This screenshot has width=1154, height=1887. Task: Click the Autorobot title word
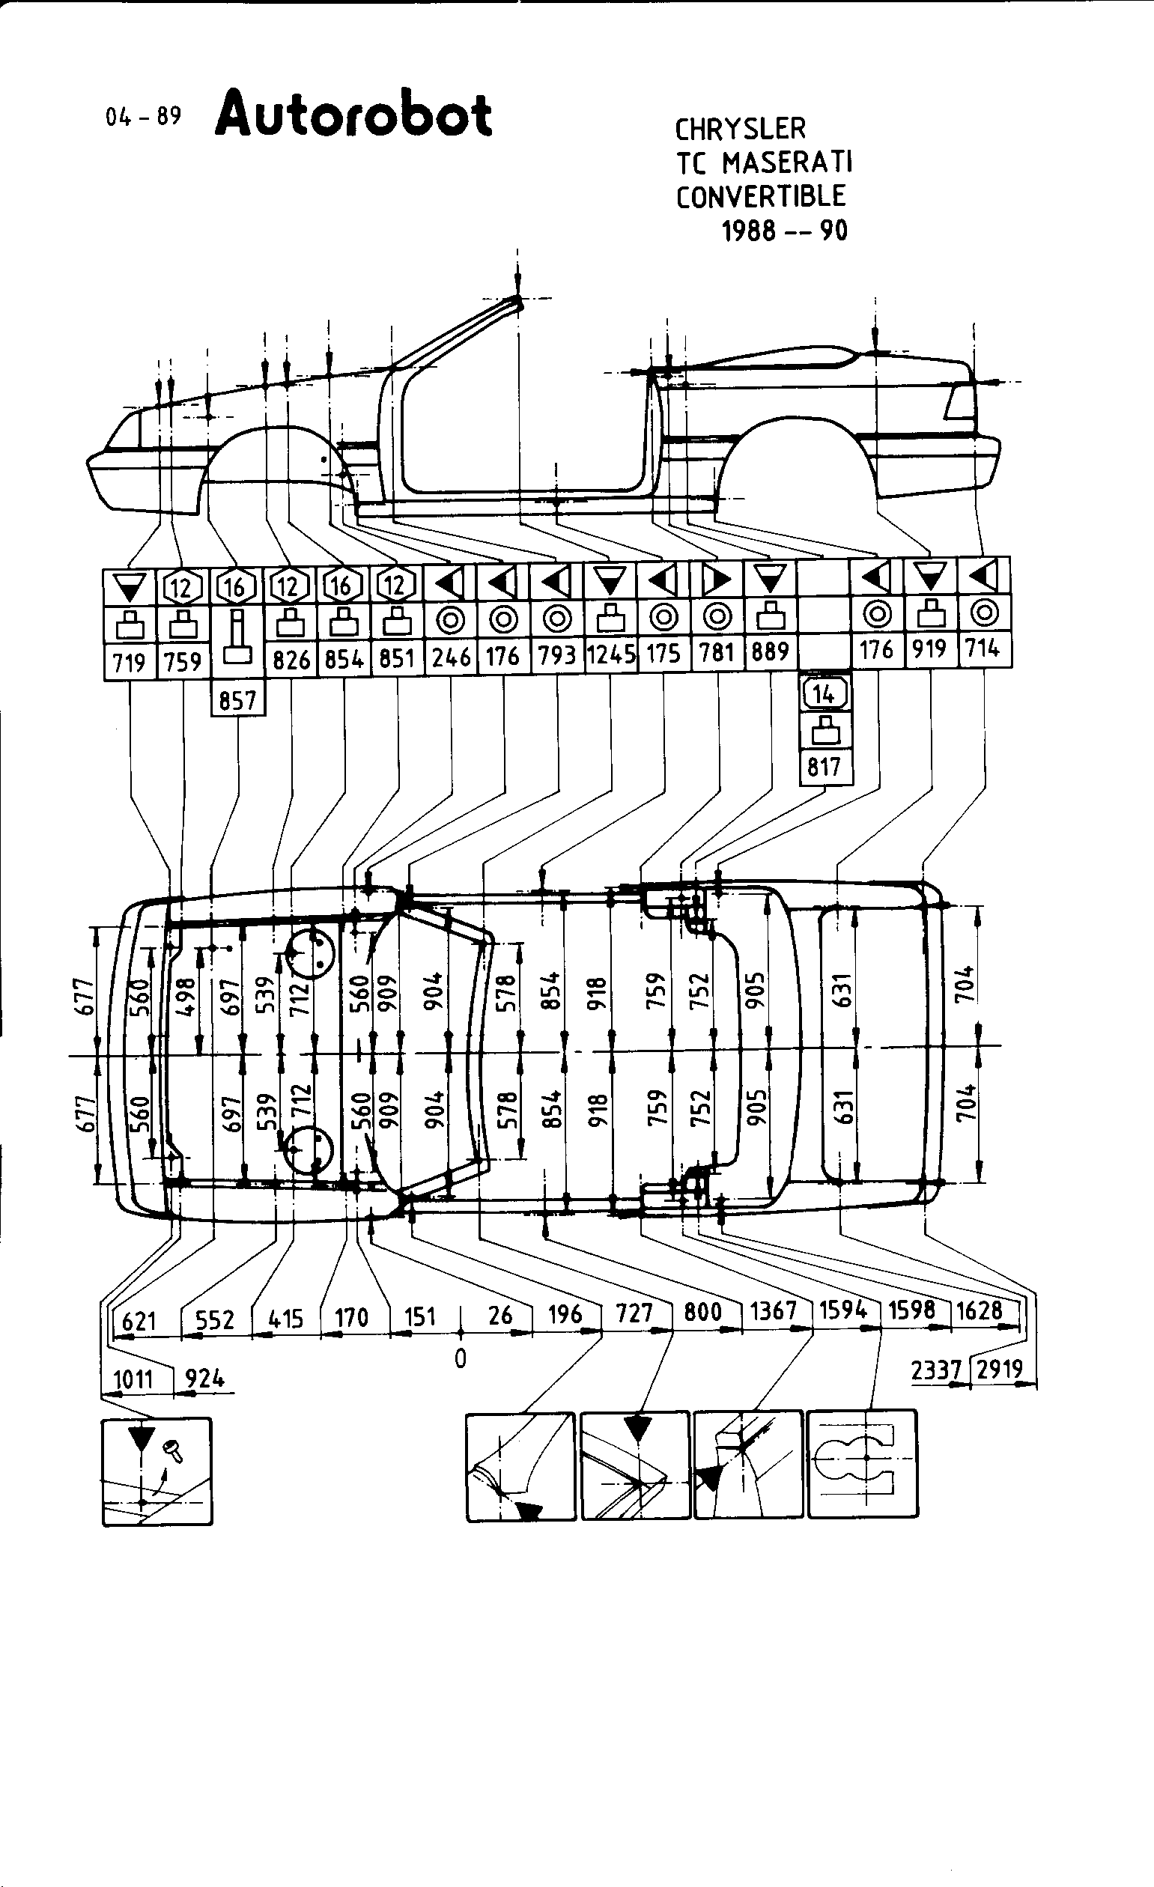click(x=353, y=115)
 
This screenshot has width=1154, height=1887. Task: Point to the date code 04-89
click(x=144, y=116)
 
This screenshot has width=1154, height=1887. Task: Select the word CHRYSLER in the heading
click(x=740, y=129)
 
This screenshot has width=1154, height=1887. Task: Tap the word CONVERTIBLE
click(x=760, y=196)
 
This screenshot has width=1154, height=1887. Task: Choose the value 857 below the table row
click(x=237, y=700)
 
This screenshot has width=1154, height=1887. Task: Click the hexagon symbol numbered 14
click(x=823, y=694)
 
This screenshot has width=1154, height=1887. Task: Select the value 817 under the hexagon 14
click(x=824, y=767)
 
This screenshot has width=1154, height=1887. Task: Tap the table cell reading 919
click(x=929, y=649)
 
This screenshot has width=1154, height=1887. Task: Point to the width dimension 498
click(x=185, y=996)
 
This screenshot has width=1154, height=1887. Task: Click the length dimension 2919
click(x=1000, y=1369)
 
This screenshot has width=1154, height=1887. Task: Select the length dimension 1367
click(x=774, y=1310)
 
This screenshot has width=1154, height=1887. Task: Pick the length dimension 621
click(x=139, y=1320)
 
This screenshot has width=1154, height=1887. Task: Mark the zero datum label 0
click(x=460, y=1358)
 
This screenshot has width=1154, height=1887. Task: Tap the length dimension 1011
click(x=133, y=1380)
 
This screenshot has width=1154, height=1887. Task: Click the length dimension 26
click(x=499, y=1315)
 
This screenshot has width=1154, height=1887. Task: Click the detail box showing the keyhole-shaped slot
click(x=862, y=1463)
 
